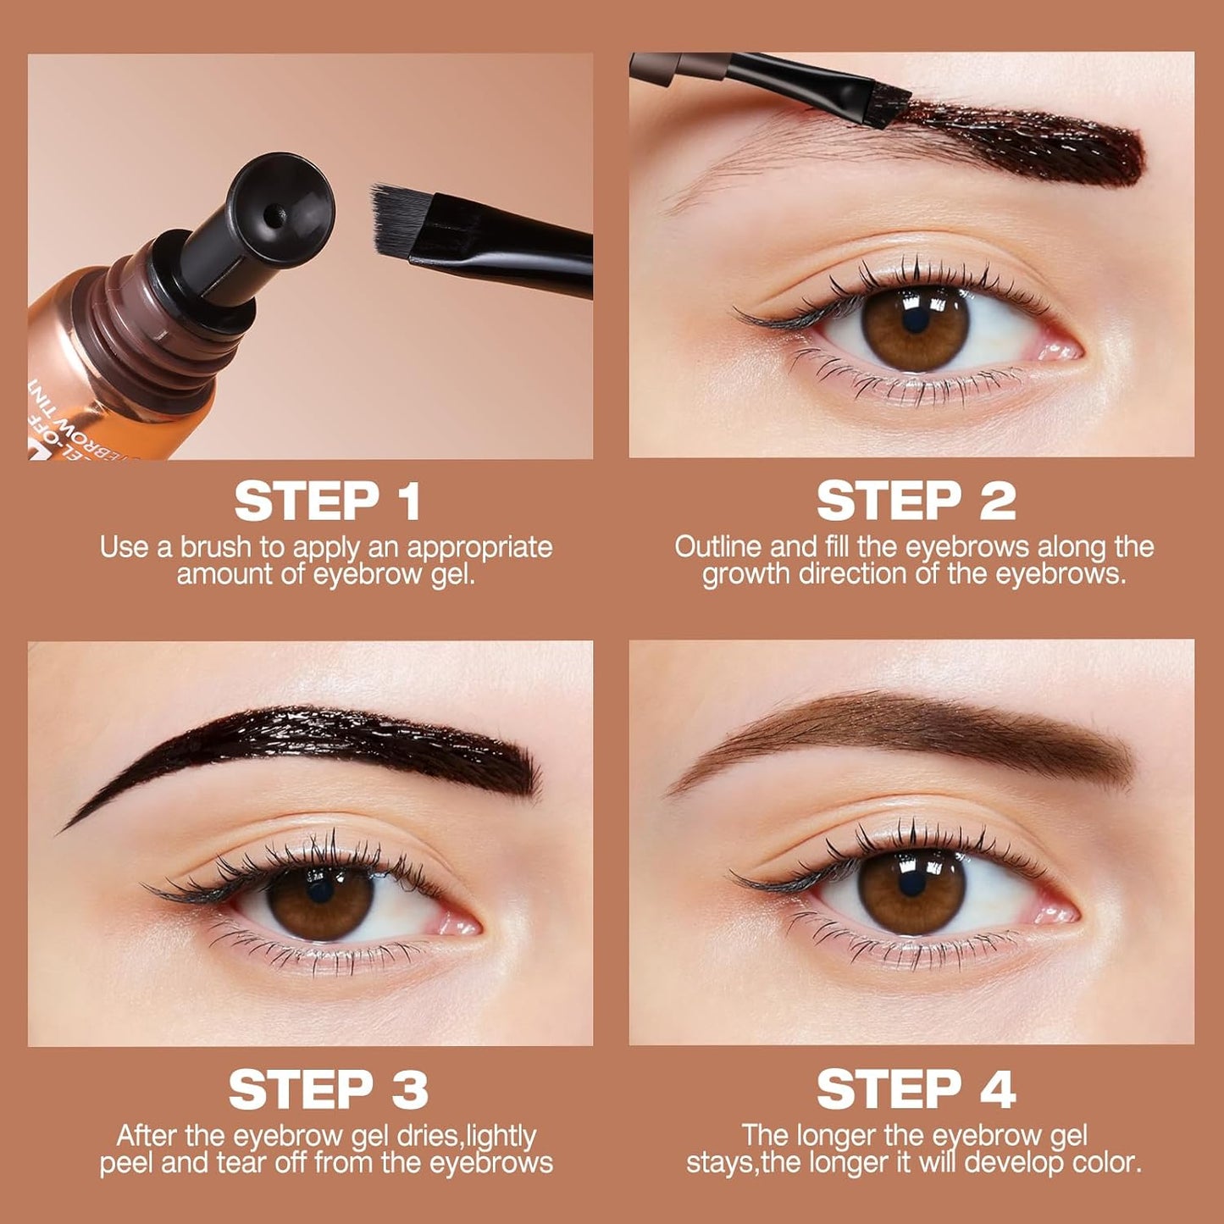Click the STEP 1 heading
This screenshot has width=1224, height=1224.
point(327,501)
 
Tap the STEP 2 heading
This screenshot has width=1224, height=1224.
point(916,501)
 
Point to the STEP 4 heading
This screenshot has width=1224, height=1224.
point(916,1089)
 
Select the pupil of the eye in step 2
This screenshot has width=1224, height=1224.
point(916,322)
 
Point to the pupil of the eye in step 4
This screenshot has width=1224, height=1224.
point(911,883)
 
